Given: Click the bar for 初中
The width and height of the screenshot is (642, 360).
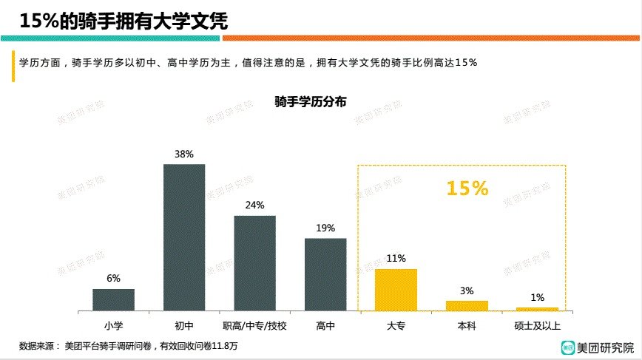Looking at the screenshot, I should pyautogui.click(x=184, y=237).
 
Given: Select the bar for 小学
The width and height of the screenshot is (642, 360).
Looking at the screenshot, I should pyautogui.click(x=113, y=299).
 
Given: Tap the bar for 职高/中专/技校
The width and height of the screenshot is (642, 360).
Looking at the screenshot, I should pyautogui.click(x=254, y=263).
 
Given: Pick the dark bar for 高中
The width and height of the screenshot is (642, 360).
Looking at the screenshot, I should pyautogui.click(x=325, y=274).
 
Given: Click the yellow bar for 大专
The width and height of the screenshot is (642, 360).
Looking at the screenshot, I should pyautogui.click(x=396, y=290).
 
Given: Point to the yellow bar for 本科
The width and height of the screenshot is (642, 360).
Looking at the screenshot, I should pyautogui.click(x=467, y=305).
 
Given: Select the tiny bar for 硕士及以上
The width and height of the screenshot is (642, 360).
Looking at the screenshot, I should pyautogui.click(x=537, y=309).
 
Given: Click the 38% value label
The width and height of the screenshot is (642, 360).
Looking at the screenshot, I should pyautogui.click(x=184, y=154).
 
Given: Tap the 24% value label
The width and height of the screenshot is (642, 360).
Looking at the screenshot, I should pyautogui.click(x=254, y=206).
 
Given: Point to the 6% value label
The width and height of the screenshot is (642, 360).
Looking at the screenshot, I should pyautogui.click(x=113, y=279).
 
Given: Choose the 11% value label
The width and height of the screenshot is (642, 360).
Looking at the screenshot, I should pyautogui.click(x=396, y=259).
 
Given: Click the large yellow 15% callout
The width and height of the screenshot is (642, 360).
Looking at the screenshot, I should pyautogui.click(x=467, y=189).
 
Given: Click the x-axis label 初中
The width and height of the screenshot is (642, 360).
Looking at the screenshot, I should pyautogui.click(x=184, y=325).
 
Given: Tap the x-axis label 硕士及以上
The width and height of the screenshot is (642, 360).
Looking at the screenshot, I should pyautogui.click(x=538, y=325).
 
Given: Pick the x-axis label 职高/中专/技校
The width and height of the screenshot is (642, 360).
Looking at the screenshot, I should pyautogui.click(x=254, y=325).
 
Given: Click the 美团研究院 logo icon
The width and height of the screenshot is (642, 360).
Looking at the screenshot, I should pyautogui.click(x=567, y=346).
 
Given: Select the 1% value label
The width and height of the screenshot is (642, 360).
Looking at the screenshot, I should pyautogui.click(x=538, y=298).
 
